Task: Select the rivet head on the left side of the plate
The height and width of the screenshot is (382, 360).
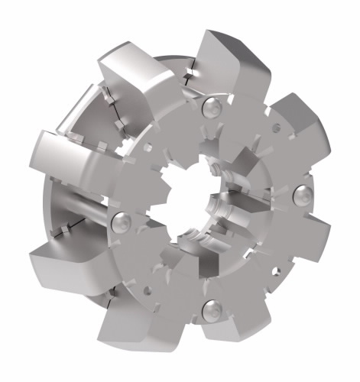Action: [121, 221]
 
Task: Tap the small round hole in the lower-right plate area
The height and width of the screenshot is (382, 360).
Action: [273, 269]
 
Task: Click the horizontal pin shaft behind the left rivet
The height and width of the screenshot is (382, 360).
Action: [80, 210]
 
